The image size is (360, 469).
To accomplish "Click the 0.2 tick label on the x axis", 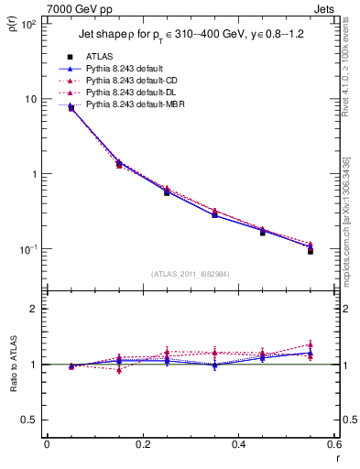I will [142, 444].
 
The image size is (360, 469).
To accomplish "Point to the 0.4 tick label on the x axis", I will [238, 444].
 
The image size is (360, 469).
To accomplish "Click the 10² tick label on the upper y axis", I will [27, 24].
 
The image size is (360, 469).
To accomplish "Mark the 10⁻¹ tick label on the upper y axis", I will [27, 249].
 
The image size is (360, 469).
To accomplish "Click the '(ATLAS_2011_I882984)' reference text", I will [190, 275].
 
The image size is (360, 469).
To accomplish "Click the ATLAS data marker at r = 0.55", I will [311, 250].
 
